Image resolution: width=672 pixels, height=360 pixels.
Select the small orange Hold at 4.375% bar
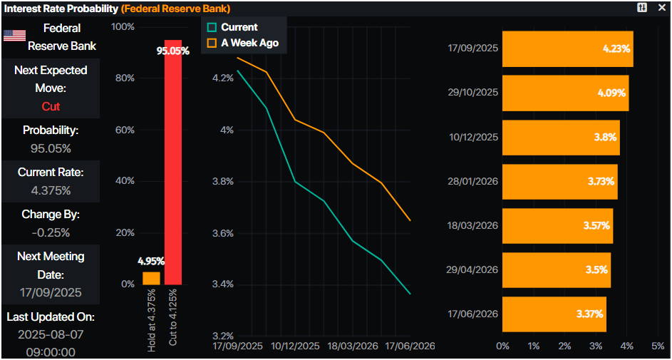151,278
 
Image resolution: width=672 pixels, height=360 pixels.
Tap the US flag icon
14,36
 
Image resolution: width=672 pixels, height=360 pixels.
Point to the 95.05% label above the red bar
173,51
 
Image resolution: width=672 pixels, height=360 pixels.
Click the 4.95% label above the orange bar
151,262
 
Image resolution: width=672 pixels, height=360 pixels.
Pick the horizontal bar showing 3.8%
561,138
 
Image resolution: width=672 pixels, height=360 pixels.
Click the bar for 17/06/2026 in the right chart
554,314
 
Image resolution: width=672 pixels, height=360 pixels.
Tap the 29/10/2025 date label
473,93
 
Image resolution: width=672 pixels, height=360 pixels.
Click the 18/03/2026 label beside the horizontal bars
473,225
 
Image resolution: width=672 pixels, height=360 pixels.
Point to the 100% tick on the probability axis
123,27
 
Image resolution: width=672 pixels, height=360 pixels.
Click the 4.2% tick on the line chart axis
222,78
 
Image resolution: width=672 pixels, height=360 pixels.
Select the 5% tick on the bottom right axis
658,346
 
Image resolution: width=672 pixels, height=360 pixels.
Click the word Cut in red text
51,106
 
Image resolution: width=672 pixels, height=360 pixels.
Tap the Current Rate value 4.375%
51,190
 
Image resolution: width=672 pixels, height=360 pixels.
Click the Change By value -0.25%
51,232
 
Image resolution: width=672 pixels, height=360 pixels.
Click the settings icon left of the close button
642,7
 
